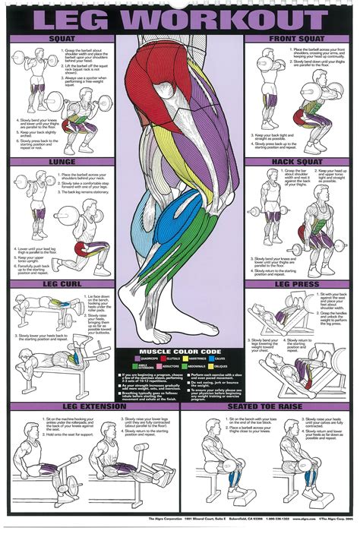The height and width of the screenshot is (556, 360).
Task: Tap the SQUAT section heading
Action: coord(62,38)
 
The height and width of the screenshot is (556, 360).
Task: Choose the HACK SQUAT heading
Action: coord(299,162)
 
